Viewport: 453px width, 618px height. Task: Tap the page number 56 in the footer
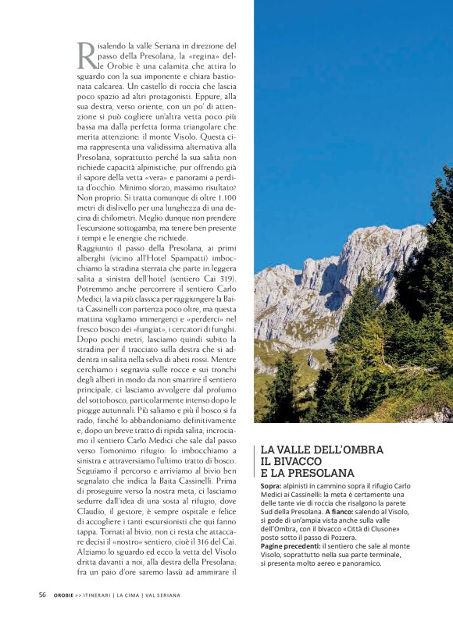(x=42, y=595)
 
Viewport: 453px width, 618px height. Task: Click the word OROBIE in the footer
(x=64, y=595)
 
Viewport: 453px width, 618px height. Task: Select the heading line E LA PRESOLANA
(x=307, y=473)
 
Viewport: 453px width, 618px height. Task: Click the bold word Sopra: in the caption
(x=272, y=486)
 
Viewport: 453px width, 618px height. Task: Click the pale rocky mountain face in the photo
(x=328, y=273)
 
